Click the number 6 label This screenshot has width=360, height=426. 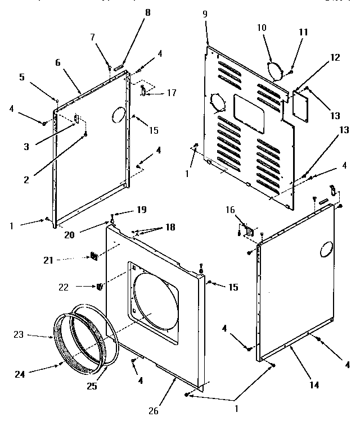coord(57,64)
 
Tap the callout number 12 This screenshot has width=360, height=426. coord(335,57)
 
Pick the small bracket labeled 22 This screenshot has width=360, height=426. coord(100,287)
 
